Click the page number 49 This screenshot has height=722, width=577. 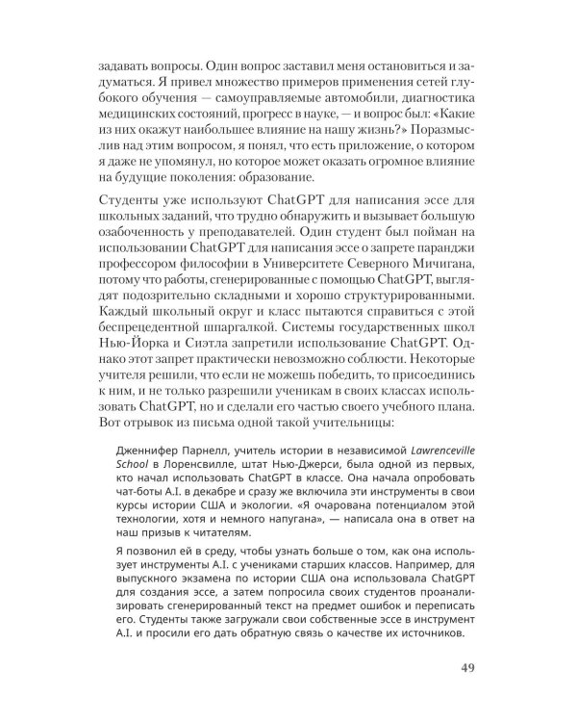click(452, 668)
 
